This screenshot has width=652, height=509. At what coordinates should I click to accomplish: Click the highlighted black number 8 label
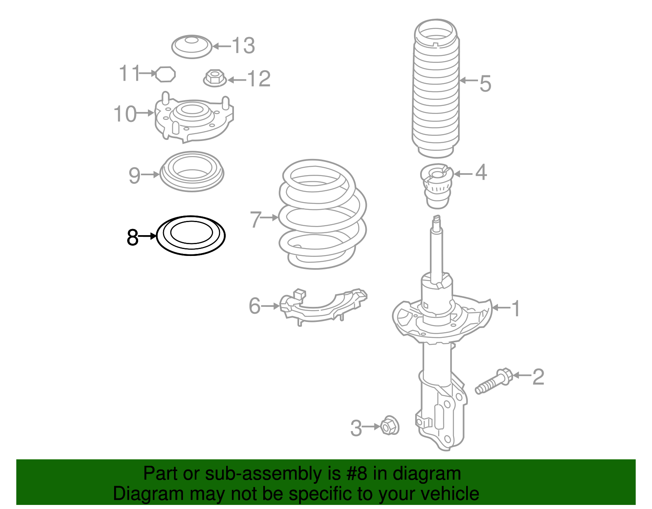132,237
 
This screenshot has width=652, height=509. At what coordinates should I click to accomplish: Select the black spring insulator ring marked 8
191,247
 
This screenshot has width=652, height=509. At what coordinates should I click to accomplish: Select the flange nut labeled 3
390,426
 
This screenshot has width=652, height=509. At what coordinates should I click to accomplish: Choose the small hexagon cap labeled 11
165,74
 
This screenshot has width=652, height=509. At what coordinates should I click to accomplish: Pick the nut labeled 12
215,78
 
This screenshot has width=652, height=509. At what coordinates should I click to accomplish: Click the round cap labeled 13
192,46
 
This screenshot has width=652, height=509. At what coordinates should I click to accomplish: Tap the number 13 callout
243,46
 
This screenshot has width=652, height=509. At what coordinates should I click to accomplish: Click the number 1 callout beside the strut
516,308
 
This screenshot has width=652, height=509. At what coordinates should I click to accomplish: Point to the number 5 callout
485,84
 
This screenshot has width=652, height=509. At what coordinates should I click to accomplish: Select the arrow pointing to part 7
269,218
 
